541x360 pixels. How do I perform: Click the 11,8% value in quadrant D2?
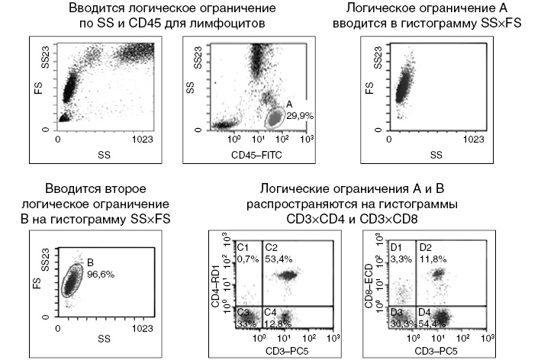[x=430, y=259]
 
